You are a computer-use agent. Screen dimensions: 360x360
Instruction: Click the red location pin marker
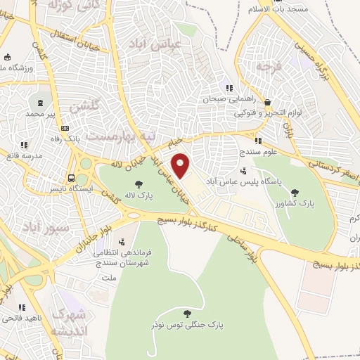[181, 166]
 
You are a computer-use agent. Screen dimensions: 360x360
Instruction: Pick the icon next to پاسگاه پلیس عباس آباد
[243, 169]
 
